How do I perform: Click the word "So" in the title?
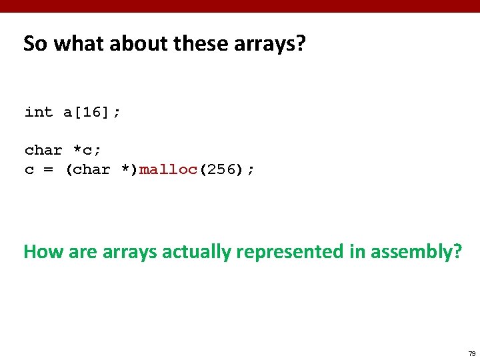coord(35,44)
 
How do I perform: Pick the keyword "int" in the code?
coord(39,112)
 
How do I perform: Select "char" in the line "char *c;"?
coord(43,150)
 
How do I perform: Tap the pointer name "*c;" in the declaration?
coord(87,150)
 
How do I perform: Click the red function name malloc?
coord(167,169)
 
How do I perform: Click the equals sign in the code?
coord(49,170)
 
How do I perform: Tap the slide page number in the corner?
coord(472,353)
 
